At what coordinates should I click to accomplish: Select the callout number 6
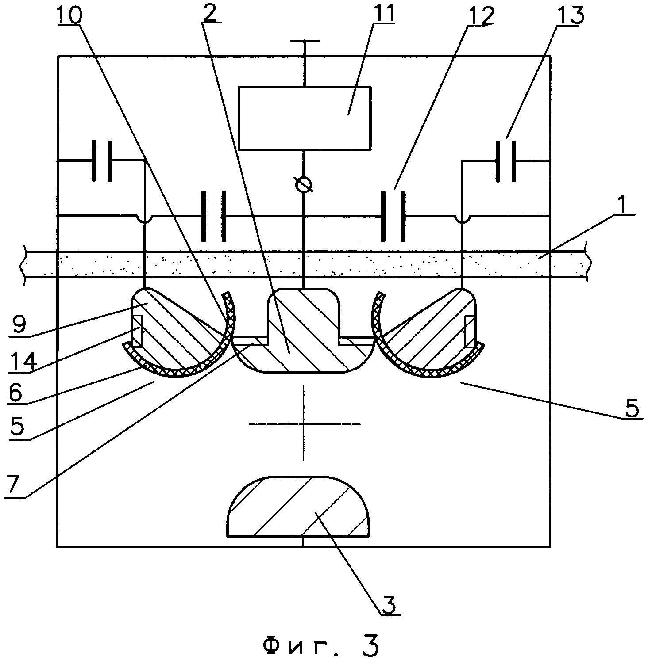pos(15,392)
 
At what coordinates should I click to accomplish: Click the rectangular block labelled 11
pos(305,118)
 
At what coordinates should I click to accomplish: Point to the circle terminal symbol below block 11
pos(304,185)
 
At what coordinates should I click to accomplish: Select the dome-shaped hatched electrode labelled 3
pos(298,507)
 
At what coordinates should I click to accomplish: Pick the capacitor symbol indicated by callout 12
pos(393,216)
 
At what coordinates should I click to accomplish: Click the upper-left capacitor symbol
pos(102,161)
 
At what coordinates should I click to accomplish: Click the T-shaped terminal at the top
pos(305,62)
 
